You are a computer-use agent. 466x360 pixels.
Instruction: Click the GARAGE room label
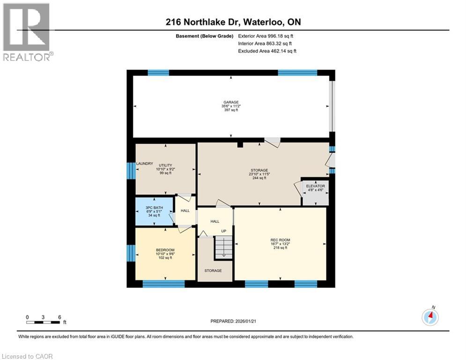click(231, 102)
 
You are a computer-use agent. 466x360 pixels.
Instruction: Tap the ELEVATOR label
click(315, 186)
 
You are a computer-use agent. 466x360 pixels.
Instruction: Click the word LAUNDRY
click(145, 164)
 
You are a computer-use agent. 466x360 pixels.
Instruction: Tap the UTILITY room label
click(165, 165)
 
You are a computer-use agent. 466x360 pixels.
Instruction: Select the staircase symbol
click(224, 248)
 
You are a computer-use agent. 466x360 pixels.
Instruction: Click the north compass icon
click(430, 317)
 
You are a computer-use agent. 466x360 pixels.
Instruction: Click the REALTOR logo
click(27, 32)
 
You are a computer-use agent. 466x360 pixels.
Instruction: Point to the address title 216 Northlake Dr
click(233, 22)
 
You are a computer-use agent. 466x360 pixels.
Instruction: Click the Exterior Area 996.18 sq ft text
click(266, 36)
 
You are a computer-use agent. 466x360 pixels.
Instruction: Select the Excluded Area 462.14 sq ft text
click(267, 51)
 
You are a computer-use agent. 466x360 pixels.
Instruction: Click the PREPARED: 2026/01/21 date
click(234, 321)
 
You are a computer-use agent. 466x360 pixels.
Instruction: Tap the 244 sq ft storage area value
click(259, 179)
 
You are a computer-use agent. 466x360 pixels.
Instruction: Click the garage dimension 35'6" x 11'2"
click(231, 106)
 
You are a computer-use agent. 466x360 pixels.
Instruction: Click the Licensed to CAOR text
click(28, 356)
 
